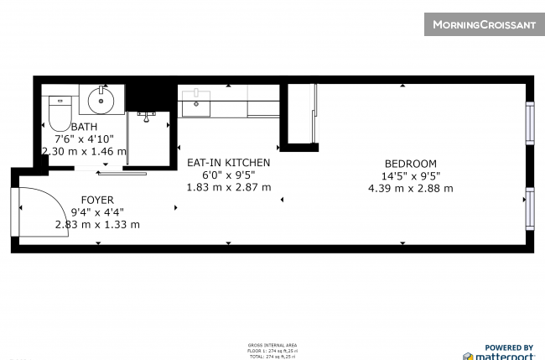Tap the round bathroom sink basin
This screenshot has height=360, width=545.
pyautogui.click(x=101, y=102)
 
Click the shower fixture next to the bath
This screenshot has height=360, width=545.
pyautogui.click(x=148, y=116)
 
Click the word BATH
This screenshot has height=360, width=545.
pyautogui.click(x=84, y=127)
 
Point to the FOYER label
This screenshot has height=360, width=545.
pyautogui.click(x=97, y=200)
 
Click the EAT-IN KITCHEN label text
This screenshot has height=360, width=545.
pyautogui.click(x=228, y=163)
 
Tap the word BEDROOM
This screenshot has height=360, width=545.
pyautogui.click(x=410, y=164)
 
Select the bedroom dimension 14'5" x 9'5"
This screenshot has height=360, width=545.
pyautogui.click(x=410, y=176)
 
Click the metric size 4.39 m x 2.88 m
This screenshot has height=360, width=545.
pyautogui.click(x=410, y=188)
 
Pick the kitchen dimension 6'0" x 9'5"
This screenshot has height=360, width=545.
pyautogui.click(x=228, y=175)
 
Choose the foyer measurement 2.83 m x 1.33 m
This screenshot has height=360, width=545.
pyautogui.click(x=97, y=224)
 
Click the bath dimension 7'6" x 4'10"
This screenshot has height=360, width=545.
pyautogui.click(x=84, y=139)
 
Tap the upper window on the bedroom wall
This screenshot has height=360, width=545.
pyautogui.click(x=529, y=123)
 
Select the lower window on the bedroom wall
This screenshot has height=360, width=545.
pyautogui.click(x=529, y=208)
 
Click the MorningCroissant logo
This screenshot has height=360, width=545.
pyautogui.click(x=483, y=24)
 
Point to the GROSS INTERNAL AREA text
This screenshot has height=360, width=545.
pyautogui.click(x=272, y=345)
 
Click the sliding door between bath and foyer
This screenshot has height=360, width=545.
pyautogui.click(x=122, y=174)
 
